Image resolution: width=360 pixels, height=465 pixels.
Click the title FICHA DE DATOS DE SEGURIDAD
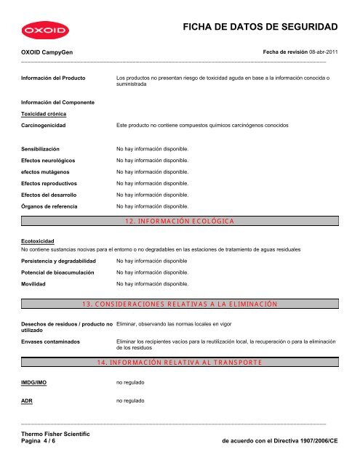[x=263, y=28]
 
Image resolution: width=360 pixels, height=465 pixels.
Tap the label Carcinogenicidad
[x=44, y=126]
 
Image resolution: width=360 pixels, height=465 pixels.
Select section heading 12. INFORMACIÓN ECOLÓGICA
[x=180, y=221]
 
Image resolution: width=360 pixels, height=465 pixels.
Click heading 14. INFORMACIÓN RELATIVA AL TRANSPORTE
[x=180, y=361]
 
